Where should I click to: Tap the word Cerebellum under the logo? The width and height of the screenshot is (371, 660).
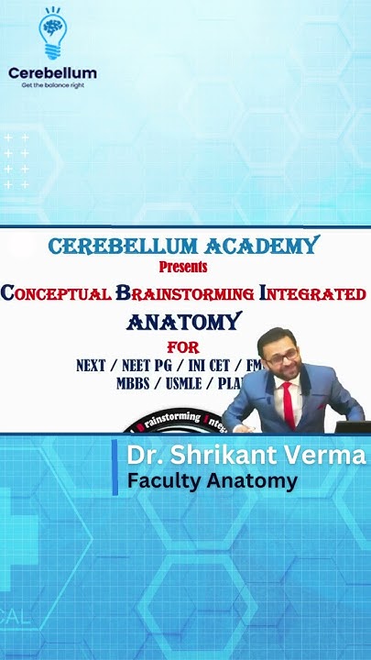[x=52, y=72]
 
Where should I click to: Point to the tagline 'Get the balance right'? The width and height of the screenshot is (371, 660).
[x=52, y=85]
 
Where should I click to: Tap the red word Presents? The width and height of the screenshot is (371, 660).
[x=183, y=267]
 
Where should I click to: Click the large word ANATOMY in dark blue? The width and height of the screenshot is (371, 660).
[x=183, y=322]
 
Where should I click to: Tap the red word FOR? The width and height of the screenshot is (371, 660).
[x=182, y=347]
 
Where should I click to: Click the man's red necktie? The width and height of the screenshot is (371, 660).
[x=289, y=403]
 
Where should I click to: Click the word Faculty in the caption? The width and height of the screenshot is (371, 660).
[x=161, y=480]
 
